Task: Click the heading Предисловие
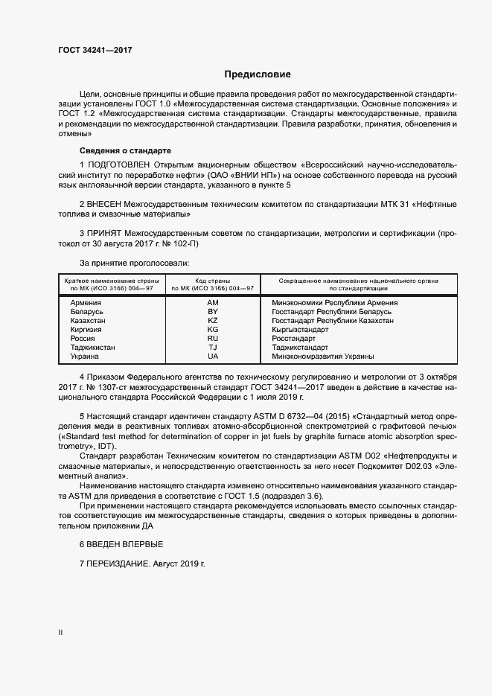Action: pyautogui.click(x=258, y=74)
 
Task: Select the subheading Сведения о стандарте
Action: pyautogui.click(x=125, y=150)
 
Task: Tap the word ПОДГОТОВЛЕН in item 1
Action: pyautogui.click(x=120, y=164)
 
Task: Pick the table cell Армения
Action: pyautogui.click(x=86, y=303)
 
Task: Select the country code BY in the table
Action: pyautogui.click(x=213, y=312)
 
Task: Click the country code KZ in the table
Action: pyautogui.click(x=213, y=321)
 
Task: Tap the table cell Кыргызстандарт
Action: pyautogui.click(x=300, y=330)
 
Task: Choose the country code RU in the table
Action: pyautogui.click(x=213, y=339)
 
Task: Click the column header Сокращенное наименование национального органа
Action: pyautogui.click(x=359, y=281)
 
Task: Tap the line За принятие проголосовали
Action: pyautogui.click(x=134, y=263)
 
